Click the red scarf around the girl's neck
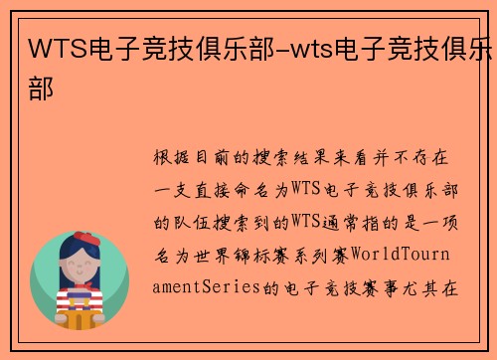81,287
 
